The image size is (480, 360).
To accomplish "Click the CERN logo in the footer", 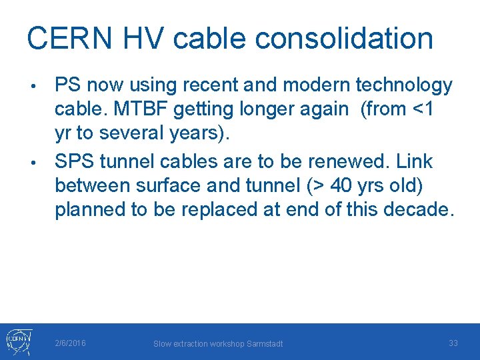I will [x=18, y=341].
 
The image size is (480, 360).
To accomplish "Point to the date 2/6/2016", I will [x=70, y=343].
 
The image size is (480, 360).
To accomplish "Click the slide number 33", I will [x=453, y=343].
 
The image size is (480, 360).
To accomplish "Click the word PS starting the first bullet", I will [x=69, y=85].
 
